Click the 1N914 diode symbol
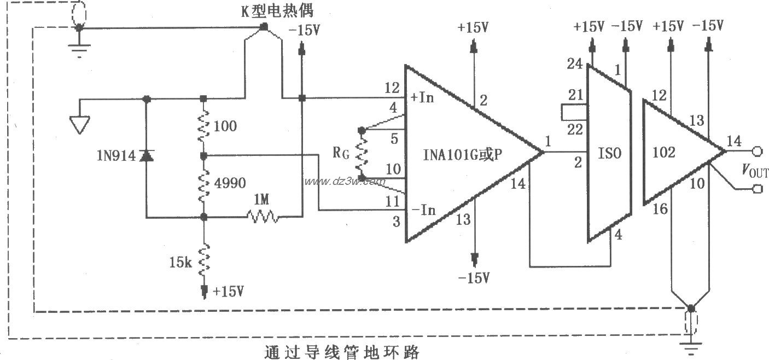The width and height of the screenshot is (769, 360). [x=146, y=156]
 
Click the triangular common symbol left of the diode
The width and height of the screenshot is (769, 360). [x=80, y=125]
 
